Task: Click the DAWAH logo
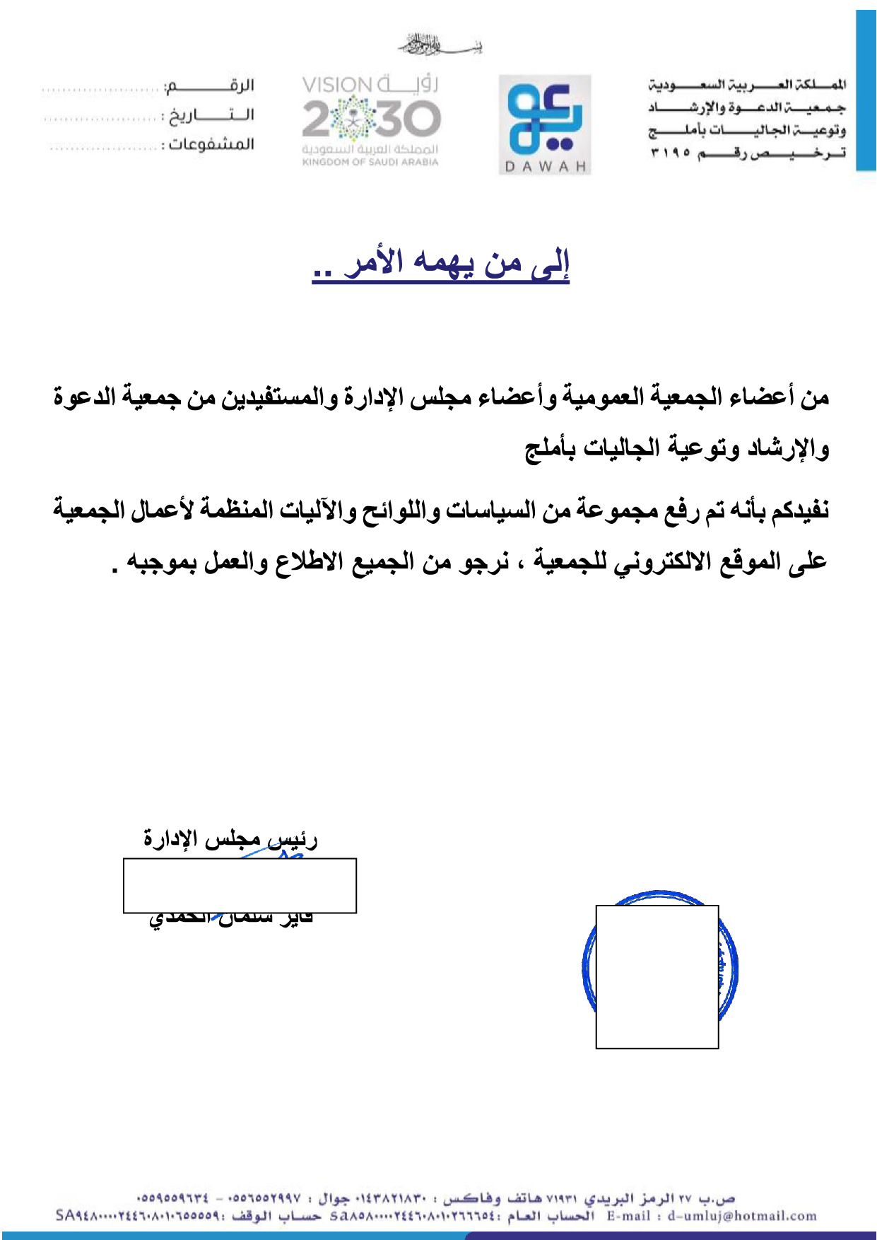tap(544, 124)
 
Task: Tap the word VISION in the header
tap(337, 86)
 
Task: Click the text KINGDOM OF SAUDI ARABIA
tap(370, 163)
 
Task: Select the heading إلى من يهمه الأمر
tap(441, 264)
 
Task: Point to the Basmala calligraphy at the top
tap(439, 45)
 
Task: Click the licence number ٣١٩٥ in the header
tap(669, 153)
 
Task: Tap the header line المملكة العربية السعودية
tap(747, 86)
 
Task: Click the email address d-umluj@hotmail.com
tap(742, 1216)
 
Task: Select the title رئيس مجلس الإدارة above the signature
tap(230, 840)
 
